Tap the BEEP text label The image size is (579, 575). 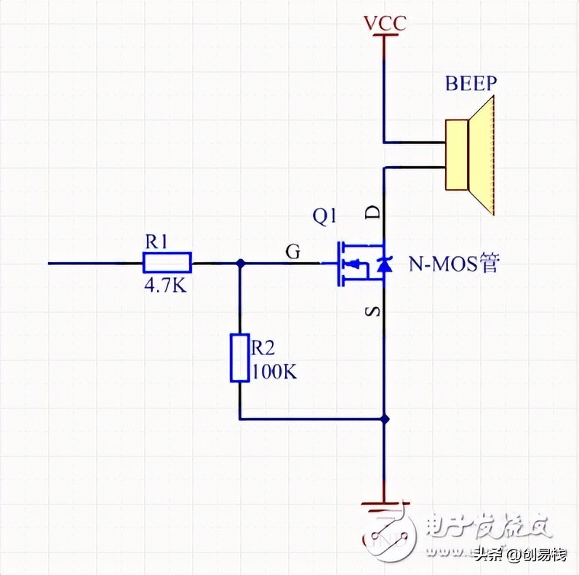[x=471, y=82]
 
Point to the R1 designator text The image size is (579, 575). [x=156, y=241]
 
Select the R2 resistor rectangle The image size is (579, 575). [x=240, y=357]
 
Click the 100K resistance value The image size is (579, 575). [x=273, y=373]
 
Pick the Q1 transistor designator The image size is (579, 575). [x=324, y=216]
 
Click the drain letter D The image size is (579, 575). [x=370, y=213]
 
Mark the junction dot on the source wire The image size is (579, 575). [x=386, y=419]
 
